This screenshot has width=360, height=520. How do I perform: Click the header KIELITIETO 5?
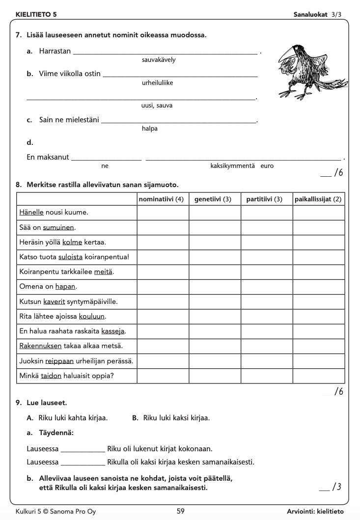pyautogui.click(x=36, y=15)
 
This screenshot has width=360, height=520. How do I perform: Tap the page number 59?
pyautogui.click(x=181, y=511)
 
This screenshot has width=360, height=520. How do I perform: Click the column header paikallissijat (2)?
pyautogui.click(x=318, y=199)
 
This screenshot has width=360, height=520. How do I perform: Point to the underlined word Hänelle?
pyautogui.click(x=31, y=213)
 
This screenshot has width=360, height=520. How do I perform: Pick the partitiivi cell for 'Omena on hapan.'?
pyautogui.click(x=266, y=287)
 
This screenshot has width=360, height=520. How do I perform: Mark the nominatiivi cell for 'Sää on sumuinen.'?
pyautogui.click(x=163, y=228)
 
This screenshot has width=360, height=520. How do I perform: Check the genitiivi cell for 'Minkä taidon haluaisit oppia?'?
pyautogui.click(x=214, y=376)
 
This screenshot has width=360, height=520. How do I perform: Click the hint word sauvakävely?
pyautogui.click(x=159, y=60)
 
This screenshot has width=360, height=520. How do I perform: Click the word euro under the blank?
pyautogui.click(x=267, y=166)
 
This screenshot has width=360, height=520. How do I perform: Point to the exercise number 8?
pyautogui.click(x=18, y=185)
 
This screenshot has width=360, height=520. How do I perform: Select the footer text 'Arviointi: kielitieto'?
pyautogui.click(x=315, y=511)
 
